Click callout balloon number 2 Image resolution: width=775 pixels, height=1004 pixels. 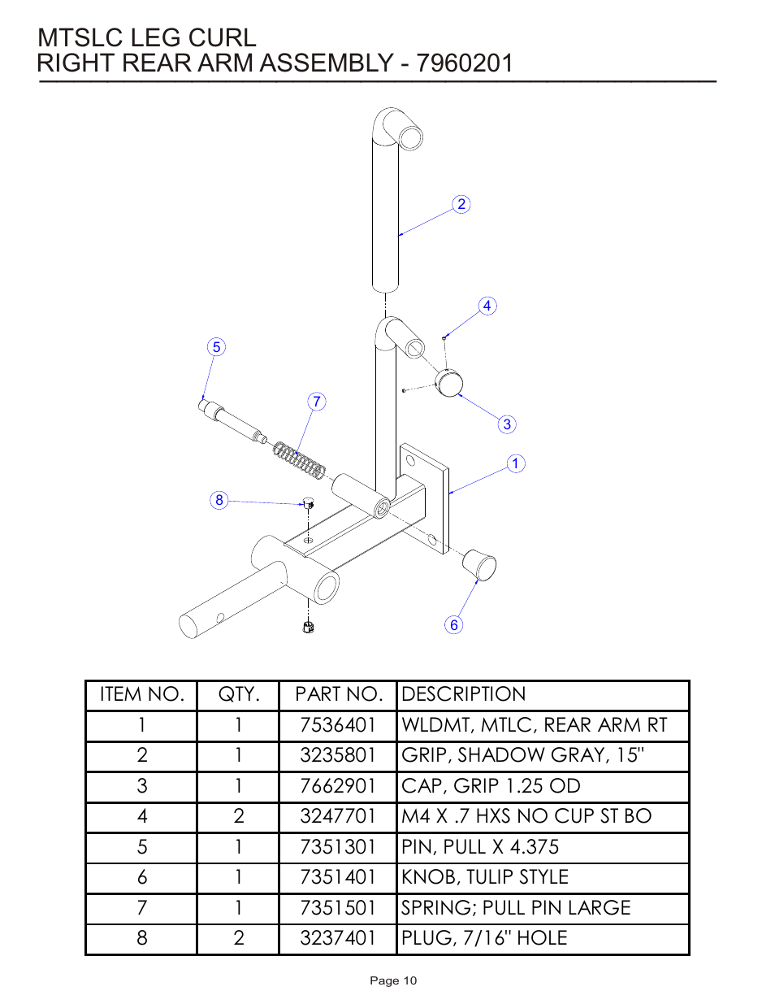461,204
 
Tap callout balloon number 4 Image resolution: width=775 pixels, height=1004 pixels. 487,306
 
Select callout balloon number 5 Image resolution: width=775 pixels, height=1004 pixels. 215,347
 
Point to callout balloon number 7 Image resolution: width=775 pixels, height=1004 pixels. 317,402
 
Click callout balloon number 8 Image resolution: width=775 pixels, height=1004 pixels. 219,500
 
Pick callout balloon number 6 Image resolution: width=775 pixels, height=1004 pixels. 454,624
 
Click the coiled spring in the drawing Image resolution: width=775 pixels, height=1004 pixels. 299,460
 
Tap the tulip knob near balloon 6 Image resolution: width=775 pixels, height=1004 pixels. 479,565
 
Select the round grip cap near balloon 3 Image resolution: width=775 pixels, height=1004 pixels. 448,382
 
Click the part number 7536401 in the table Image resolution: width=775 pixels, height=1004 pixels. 337,725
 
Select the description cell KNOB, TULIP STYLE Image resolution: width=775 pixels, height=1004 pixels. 485,877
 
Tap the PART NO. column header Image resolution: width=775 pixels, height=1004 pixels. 337,694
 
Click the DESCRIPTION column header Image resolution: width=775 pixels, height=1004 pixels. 464,694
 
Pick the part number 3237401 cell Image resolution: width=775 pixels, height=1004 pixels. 337,938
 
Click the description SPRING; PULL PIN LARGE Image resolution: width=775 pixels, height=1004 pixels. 516,908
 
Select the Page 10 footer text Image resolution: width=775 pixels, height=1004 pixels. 393,980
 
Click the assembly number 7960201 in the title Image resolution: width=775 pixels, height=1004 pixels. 465,63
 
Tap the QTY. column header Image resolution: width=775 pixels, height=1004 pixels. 238,694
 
